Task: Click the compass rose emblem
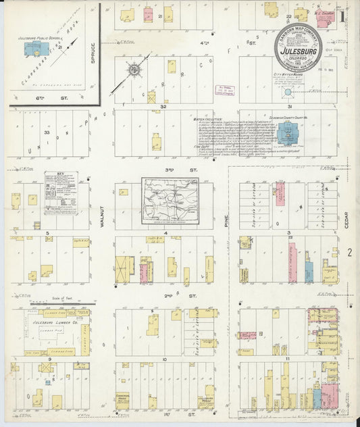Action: tap(135, 70)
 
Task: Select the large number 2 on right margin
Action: tap(350, 253)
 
